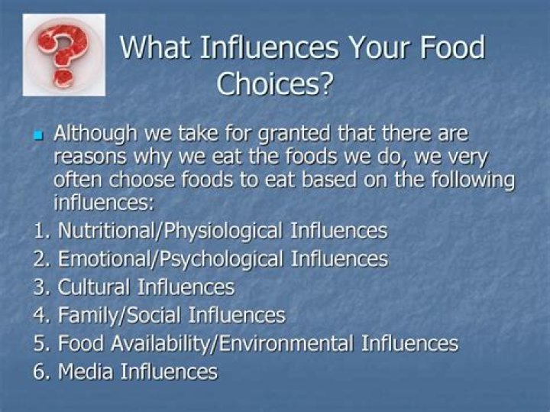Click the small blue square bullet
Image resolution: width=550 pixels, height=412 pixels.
coord(40,136)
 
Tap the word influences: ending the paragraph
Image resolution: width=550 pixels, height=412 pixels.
coord(104,204)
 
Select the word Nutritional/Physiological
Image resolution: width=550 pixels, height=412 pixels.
coord(160,231)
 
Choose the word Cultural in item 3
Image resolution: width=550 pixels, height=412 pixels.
coord(93,287)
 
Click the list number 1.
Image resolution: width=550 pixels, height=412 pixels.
coord(40,231)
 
